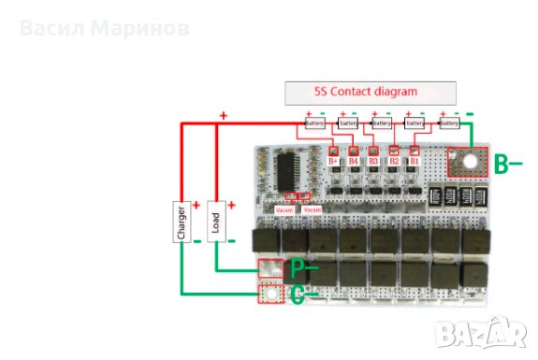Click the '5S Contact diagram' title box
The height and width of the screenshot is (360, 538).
(x=371, y=93)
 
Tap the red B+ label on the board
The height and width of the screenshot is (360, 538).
(x=333, y=162)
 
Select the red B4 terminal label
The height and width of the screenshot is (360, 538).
(x=354, y=162)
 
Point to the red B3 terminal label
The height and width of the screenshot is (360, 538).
(x=373, y=162)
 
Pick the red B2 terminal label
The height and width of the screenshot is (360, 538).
(x=394, y=162)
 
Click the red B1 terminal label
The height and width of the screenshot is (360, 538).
(x=414, y=162)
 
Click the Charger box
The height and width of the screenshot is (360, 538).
(x=182, y=222)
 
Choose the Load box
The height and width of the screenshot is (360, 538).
(x=217, y=222)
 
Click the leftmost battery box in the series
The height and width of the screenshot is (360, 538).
(x=314, y=122)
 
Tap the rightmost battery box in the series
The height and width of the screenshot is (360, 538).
(x=449, y=122)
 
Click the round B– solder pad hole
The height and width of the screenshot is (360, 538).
(x=468, y=162)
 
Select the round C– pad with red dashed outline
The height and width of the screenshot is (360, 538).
(x=270, y=295)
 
